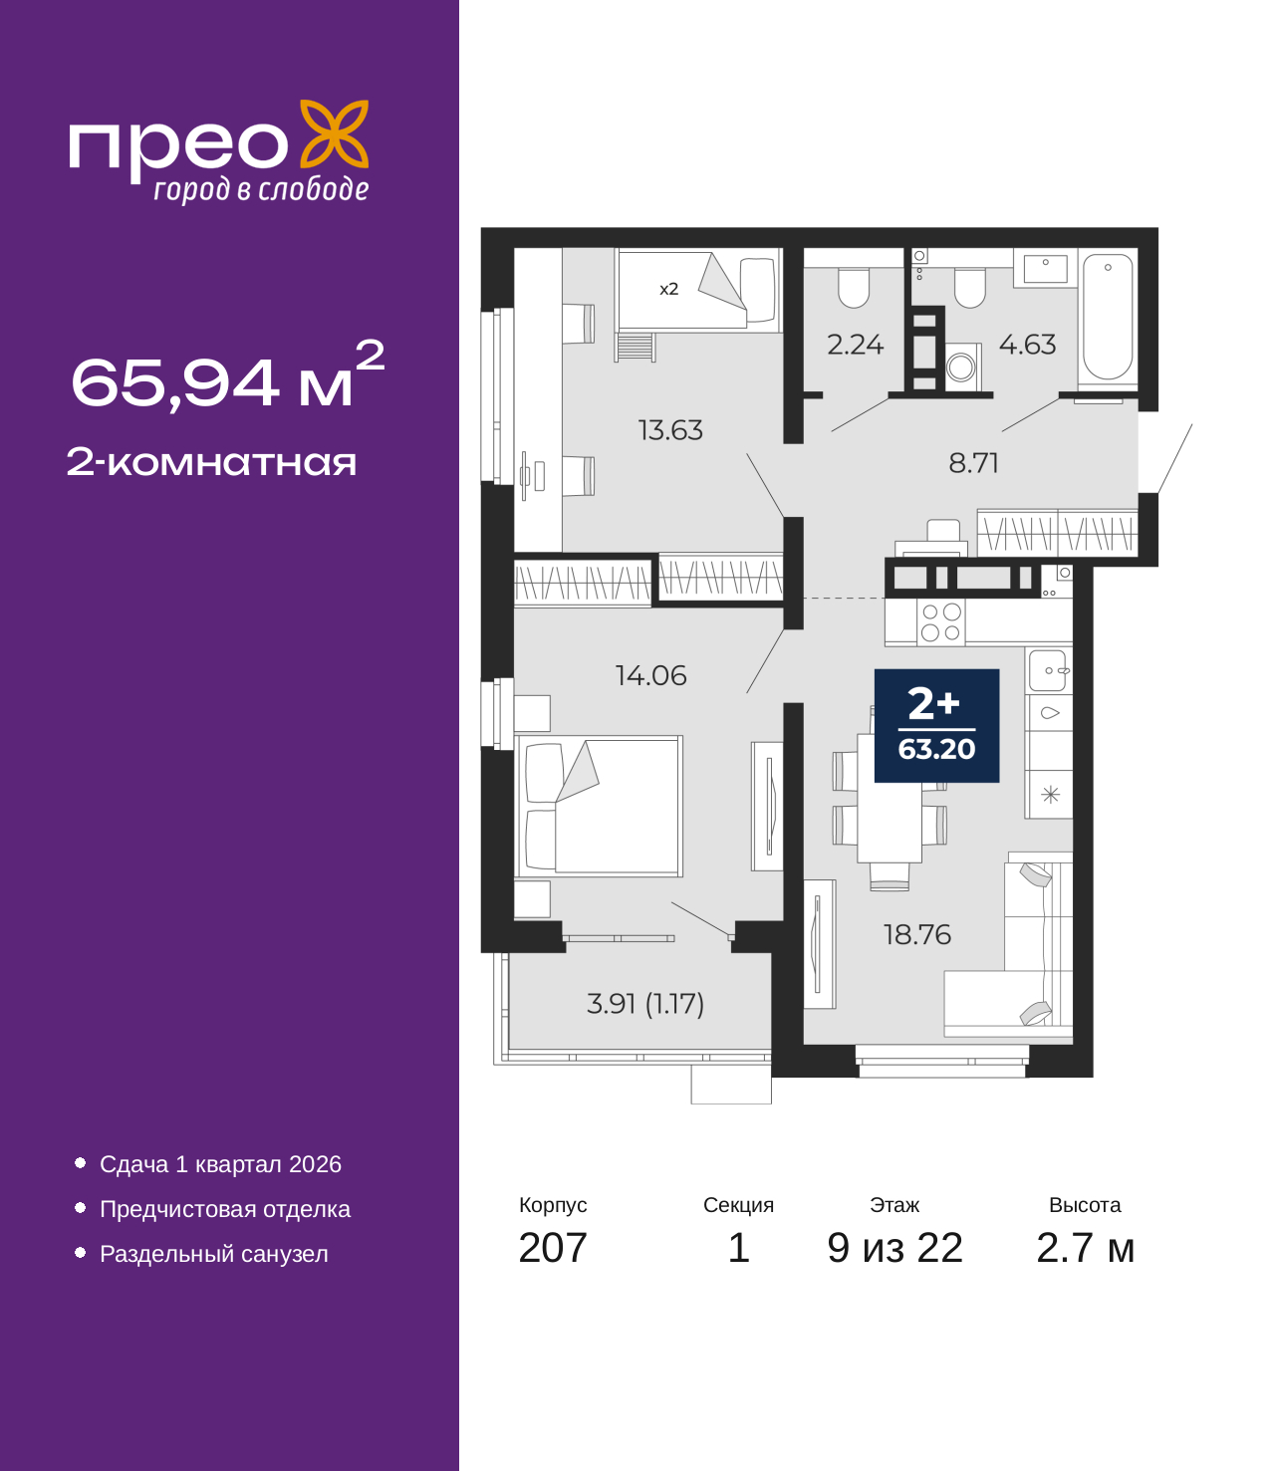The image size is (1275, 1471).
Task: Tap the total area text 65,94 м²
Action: click(x=227, y=377)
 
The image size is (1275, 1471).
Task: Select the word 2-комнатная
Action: click(x=211, y=462)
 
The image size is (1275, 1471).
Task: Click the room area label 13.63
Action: click(x=670, y=430)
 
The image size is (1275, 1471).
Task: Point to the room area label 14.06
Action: click(x=650, y=675)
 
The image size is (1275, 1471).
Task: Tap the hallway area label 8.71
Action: click(x=973, y=463)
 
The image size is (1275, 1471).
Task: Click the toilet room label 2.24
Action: click(x=855, y=345)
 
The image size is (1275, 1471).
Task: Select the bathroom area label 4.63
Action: click(x=1027, y=345)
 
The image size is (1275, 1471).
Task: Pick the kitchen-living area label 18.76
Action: click(x=916, y=934)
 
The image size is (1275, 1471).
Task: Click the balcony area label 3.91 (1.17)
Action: click(x=645, y=1003)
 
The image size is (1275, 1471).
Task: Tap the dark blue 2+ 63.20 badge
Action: click(x=936, y=725)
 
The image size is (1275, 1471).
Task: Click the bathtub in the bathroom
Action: click(x=1108, y=317)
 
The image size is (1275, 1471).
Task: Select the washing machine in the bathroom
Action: click(x=961, y=367)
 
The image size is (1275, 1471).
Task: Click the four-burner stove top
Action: click(x=940, y=622)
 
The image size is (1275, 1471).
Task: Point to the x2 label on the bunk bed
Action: click(x=668, y=289)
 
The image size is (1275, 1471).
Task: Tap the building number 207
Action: click(x=553, y=1248)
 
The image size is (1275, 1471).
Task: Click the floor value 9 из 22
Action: click(x=894, y=1248)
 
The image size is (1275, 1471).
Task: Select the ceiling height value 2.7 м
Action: click(x=1085, y=1248)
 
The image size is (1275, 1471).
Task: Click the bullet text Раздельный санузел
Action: click(x=214, y=1254)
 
